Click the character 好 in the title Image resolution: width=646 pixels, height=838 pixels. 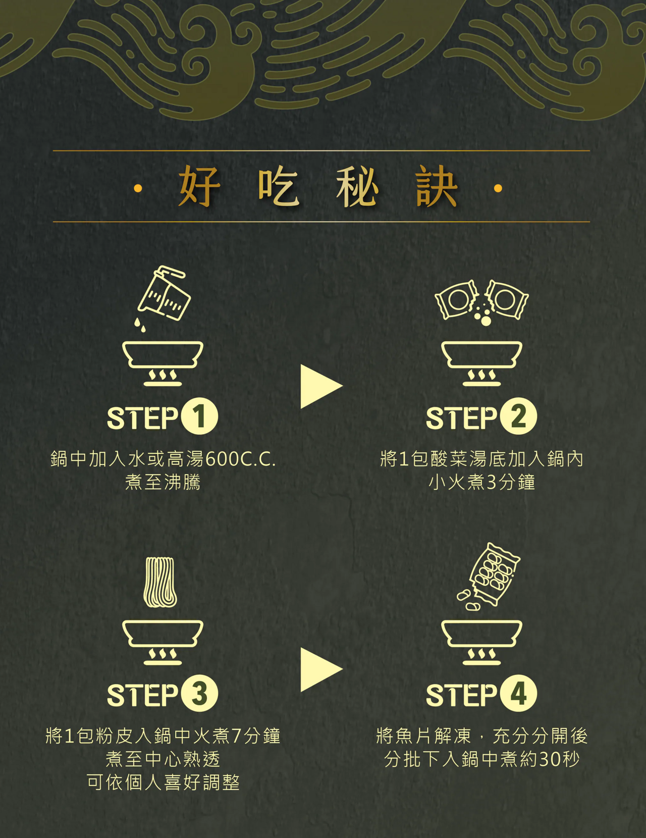pyautogui.click(x=199, y=186)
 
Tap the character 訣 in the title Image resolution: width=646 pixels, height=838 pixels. pyautogui.click(x=437, y=186)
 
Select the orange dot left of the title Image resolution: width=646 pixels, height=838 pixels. pyautogui.click(x=138, y=189)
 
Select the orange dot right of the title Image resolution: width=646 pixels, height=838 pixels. pyautogui.click(x=498, y=189)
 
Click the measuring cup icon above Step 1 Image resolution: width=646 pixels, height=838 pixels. pyautogui.click(x=164, y=293)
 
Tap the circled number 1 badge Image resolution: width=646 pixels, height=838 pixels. pyautogui.click(x=199, y=416)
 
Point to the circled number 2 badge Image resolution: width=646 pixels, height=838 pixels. pyautogui.click(x=518, y=416)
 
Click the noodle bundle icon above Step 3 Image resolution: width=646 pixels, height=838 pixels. pyautogui.click(x=160, y=583)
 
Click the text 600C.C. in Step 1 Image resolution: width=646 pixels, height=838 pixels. pyautogui.click(x=241, y=460)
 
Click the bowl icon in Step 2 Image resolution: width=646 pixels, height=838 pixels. pyautogui.click(x=482, y=355)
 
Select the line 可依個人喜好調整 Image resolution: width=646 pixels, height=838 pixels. pyautogui.click(x=163, y=783)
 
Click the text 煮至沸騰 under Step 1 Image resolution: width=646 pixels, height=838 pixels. pyautogui.click(x=163, y=483)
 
